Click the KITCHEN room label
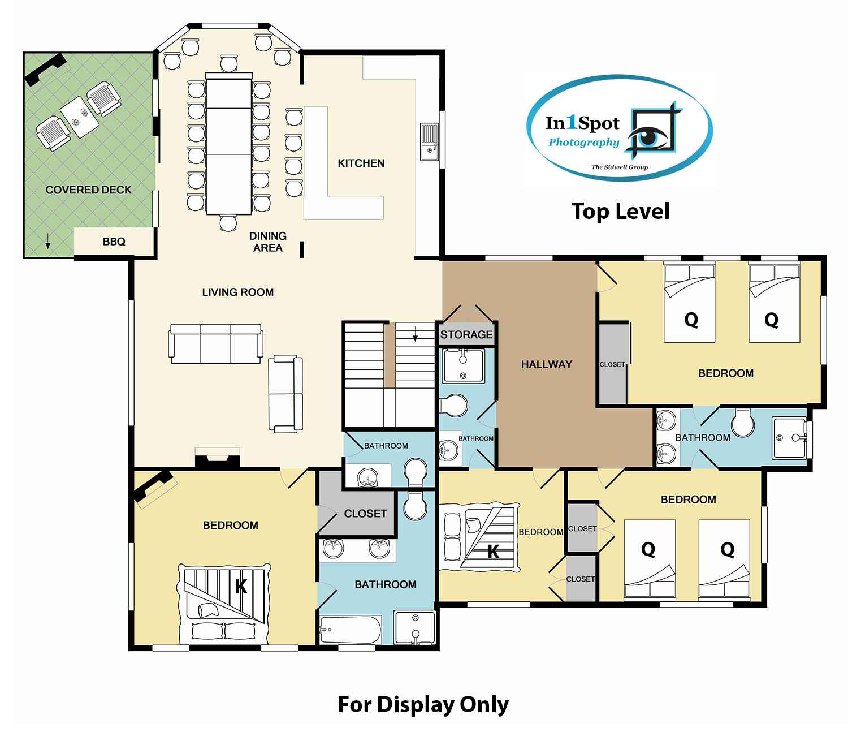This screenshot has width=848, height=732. point(361,163)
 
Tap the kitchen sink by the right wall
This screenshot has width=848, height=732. point(429,142)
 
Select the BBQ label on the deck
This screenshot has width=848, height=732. point(114,242)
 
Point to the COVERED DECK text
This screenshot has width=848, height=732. point(89,190)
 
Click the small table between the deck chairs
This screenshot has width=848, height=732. point(80,117)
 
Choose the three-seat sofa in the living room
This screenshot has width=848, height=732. point(216,343)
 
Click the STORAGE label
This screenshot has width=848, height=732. point(466,334)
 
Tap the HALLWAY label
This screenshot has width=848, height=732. point(547,364)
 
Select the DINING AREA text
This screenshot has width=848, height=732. point(268,242)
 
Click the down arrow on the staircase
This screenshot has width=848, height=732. point(415,334)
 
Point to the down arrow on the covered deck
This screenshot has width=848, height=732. point(47,241)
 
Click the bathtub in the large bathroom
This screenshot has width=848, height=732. point(351,630)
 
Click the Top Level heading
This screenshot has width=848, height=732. point(620,212)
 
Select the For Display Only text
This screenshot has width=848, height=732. point(423,704)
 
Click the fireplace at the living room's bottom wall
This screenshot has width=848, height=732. point(217,457)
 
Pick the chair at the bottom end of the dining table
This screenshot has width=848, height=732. point(228,223)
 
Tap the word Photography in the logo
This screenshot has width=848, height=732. point(584,143)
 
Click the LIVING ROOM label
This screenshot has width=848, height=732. point(237,292)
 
